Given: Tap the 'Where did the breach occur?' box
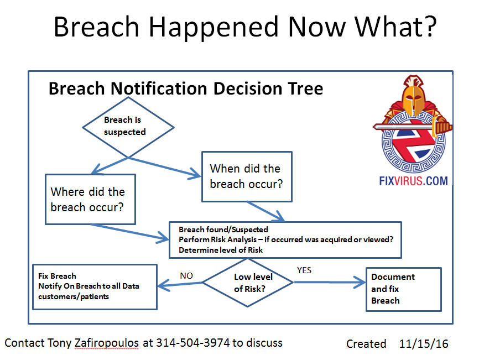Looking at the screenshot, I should pyautogui.click(x=90, y=199).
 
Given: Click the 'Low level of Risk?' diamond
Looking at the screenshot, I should pyautogui.click(x=248, y=282).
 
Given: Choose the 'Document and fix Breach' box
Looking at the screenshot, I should pyautogui.click(x=404, y=289).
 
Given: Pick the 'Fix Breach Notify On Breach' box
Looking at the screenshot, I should pyautogui.click(x=95, y=286).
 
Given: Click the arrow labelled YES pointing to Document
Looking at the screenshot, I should pyautogui.click(x=329, y=283).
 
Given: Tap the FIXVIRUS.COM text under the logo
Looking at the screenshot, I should pyautogui.click(x=414, y=180).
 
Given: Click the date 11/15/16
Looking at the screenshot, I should pyautogui.click(x=424, y=343).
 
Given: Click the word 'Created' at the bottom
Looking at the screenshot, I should pyautogui.click(x=366, y=344).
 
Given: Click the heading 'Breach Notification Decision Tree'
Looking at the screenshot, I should pyautogui.click(x=186, y=88).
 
